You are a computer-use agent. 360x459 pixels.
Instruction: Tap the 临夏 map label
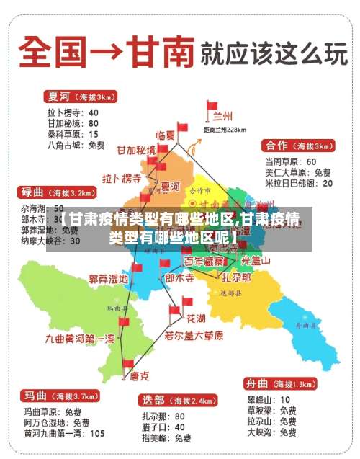coord(166,135)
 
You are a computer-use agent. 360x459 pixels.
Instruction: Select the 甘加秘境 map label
coord(136,150)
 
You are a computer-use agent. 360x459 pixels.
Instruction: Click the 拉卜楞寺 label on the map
coord(122,178)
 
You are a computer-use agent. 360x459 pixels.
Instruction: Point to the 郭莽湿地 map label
coord(109,278)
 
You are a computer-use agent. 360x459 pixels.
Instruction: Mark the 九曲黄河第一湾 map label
coord(80,338)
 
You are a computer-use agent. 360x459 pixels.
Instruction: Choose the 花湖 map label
coord(196,318)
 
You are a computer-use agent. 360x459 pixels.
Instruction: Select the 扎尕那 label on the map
coord(236,277)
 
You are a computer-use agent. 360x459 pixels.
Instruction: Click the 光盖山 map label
coord(256,262)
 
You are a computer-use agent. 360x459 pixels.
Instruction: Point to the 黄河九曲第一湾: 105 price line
coord(64,434)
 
